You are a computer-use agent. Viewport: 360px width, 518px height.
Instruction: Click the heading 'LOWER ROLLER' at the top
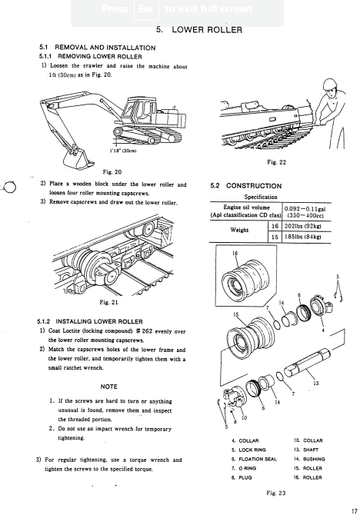coord(207,30)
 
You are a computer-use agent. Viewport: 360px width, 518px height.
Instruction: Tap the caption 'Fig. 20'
coord(112,172)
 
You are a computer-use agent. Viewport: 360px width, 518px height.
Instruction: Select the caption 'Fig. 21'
coord(108,302)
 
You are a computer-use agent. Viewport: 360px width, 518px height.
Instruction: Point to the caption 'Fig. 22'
coord(277,162)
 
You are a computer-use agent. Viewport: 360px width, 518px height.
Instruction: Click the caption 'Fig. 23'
coord(276,493)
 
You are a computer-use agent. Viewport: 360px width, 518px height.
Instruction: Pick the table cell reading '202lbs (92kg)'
coord(303,227)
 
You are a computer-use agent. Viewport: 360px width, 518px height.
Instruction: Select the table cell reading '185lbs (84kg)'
coord(303,237)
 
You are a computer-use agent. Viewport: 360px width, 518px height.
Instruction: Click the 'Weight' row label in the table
coord(239,230)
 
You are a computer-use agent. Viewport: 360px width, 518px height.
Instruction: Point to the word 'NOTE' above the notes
coord(108,387)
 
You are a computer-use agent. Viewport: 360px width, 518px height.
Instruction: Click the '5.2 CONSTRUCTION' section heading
coord(246,186)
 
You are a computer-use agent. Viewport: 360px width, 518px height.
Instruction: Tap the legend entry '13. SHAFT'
coord(306,450)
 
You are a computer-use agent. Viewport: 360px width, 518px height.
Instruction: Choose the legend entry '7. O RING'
coord(244,468)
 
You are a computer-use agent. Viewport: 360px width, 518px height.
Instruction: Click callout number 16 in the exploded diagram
coord(235,254)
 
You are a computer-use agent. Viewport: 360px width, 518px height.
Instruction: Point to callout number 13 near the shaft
coord(315,384)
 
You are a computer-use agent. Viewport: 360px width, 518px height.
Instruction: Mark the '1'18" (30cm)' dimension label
coord(123,151)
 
